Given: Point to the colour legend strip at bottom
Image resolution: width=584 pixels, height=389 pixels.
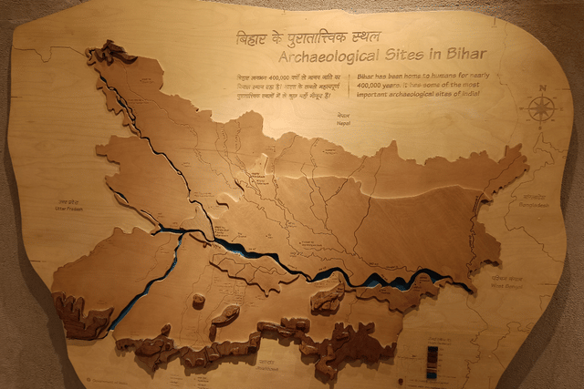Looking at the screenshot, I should [x=432, y=360].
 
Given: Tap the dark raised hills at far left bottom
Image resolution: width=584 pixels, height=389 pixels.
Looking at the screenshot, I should [x=78, y=314].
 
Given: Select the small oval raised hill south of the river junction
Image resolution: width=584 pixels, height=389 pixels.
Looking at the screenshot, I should [x=224, y=314].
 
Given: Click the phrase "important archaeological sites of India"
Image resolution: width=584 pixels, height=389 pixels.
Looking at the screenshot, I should [x=419, y=93].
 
